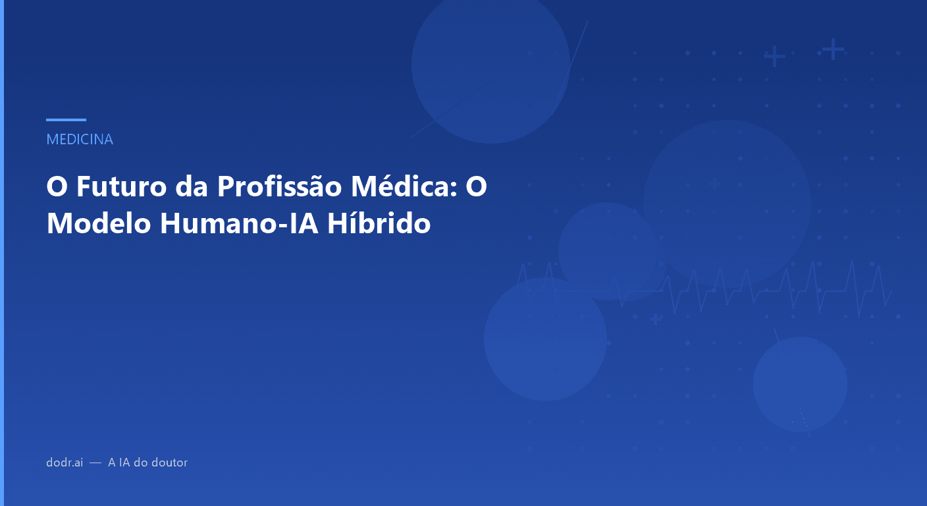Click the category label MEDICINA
80,140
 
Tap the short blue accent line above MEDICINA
66,120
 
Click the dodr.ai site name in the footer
65,463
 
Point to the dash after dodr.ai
95,463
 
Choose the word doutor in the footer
171,463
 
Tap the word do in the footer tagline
141,463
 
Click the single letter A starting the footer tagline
112,463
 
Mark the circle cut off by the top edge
490,66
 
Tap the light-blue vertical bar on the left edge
2,253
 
